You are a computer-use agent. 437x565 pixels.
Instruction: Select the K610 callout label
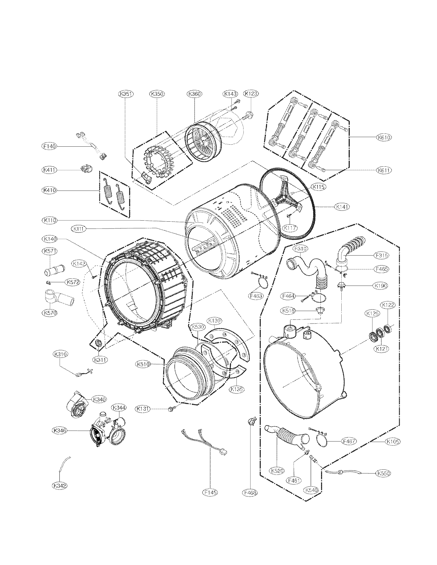pyautogui.click(x=384, y=137)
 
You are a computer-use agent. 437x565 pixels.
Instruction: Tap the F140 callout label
pyautogui.click(x=49, y=146)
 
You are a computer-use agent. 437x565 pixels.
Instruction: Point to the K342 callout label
pyautogui.click(x=60, y=486)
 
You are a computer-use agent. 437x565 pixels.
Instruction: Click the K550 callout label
pyautogui.click(x=384, y=473)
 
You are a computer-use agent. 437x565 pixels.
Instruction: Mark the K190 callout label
pyautogui.click(x=380, y=286)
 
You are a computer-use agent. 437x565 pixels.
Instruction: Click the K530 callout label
pyautogui.click(x=198, y=327)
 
